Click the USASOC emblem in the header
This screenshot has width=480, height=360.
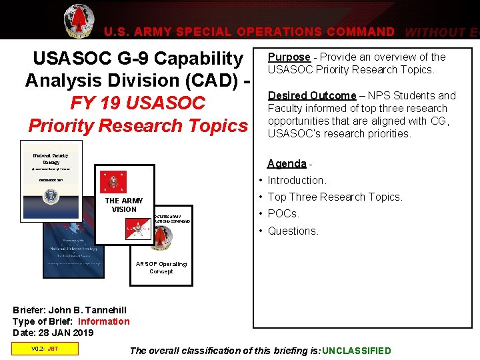point(79,21)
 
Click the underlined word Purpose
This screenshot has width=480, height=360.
point(289,57)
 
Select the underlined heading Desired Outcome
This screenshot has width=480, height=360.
point(311,95)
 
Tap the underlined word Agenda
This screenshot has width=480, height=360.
point(286,163)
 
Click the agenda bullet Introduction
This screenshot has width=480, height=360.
point(297,180)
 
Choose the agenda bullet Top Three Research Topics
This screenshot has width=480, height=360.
point(335,197)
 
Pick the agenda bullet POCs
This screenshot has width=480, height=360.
point(283,213)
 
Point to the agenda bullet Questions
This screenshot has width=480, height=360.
point(293,231)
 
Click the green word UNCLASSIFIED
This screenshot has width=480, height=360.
point(356,351)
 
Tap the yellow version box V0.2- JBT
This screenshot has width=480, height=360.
point(45,348)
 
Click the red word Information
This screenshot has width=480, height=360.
point(104,321)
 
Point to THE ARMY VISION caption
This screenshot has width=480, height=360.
point(124,205)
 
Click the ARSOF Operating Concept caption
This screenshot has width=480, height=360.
point(161,267)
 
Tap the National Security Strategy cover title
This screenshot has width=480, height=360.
point(51,159)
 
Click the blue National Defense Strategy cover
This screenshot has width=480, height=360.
point(73,250)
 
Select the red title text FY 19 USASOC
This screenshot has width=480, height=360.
point(137,103)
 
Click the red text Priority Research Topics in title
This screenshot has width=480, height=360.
point(137,125)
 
